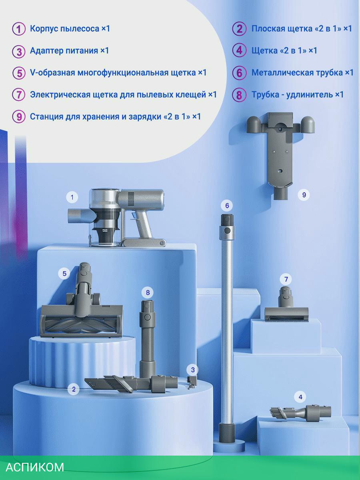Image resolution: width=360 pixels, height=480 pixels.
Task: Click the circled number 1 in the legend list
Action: click(19, 29)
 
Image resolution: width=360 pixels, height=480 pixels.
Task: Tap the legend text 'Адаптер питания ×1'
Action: click(69, 51)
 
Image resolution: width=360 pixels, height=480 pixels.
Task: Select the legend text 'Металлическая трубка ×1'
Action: click(302, 73)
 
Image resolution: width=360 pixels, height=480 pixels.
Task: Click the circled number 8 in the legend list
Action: click(239, 95)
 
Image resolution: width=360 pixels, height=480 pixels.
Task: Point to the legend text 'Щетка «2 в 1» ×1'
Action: click(284, 51)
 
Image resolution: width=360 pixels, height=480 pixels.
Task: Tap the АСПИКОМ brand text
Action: click(35, 467)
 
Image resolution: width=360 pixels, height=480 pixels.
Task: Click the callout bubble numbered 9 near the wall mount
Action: click(304, 195)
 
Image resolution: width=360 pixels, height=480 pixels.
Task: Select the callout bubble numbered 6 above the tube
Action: click(227, 205)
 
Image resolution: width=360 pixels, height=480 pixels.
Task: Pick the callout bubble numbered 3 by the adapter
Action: click(192, 370)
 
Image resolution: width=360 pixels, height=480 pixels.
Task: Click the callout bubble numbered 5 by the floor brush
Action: click(64, 273)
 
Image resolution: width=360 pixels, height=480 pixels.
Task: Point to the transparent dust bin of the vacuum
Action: click(104, 216)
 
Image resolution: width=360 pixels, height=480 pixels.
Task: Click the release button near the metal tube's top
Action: click(227, 230)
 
